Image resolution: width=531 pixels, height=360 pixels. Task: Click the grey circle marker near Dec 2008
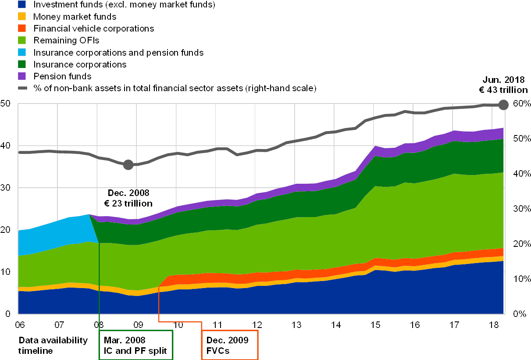tap(128, 165)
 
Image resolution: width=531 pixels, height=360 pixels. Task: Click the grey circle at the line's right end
tap(503, 104)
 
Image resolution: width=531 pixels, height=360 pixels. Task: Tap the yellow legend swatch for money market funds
tap(22, 17)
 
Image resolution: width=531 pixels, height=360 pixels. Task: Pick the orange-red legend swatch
tap(22, 29)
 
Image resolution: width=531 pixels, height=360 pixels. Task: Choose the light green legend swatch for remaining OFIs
tap(22, 40)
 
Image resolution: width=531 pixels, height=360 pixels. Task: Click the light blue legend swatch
tap(22, 52)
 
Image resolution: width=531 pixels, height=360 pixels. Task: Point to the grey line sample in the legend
tap(22, 88)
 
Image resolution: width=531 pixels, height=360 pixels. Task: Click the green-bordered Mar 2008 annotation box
tap(136, 345)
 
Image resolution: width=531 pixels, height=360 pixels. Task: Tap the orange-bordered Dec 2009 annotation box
tap(230, 345)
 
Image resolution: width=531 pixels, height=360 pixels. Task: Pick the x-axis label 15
tap(375, 325)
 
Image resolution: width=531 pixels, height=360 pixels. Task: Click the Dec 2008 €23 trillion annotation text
tap(128, 198)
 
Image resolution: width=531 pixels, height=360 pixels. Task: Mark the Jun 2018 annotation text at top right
tap(503, 85)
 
